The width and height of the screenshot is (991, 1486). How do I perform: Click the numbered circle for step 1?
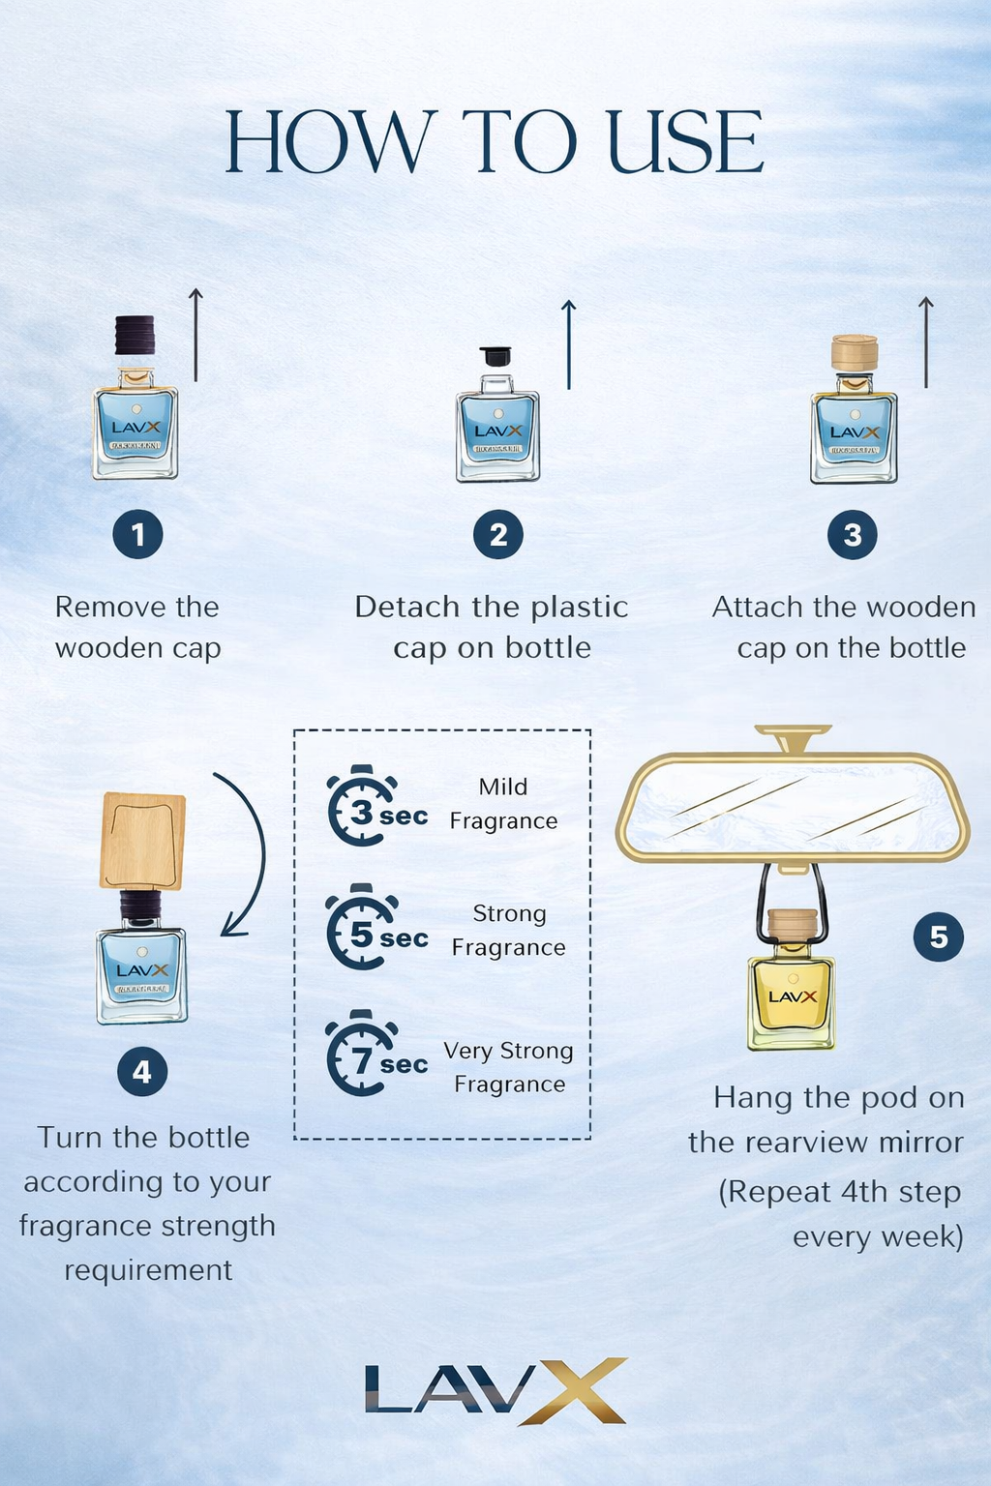[137, 534]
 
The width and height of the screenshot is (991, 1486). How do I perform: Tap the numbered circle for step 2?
[497, 535]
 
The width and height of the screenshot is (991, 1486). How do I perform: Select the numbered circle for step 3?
[852, 535]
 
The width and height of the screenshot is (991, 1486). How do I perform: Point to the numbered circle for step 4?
[142, 1072]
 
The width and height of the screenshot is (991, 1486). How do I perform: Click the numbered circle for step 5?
[938, 936]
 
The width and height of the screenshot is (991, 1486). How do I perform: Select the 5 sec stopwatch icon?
[360, 929]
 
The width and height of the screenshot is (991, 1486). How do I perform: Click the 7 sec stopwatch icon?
[360, 1055]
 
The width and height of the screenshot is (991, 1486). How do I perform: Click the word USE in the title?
[685, 142]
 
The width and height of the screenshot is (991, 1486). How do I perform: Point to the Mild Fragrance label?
[503, 804]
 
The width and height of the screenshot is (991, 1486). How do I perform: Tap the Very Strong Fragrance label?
[509, 1067]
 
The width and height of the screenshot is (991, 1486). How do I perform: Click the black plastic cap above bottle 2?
[495, 356]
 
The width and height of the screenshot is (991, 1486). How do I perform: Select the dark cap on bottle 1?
[135, 335]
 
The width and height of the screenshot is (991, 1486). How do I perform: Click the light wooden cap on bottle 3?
[855, 352]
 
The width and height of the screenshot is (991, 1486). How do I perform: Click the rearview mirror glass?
[792, 808]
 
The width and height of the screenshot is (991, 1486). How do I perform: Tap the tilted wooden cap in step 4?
[142, 840]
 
